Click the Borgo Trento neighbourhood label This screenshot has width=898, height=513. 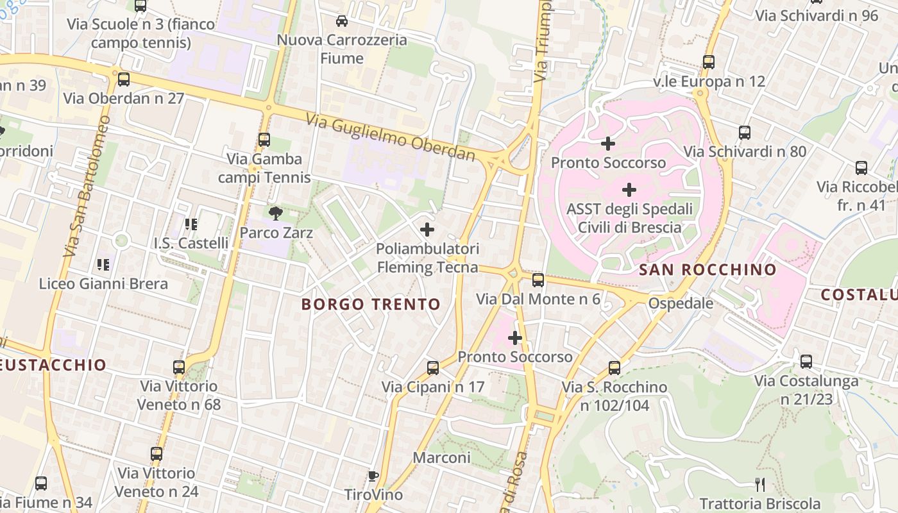(371, 304)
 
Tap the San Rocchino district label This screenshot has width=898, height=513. (707, 269)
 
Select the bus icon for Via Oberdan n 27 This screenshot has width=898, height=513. (124, 80)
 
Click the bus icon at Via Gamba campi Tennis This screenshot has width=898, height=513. (264, 140)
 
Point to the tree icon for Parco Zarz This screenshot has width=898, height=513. (276, 213)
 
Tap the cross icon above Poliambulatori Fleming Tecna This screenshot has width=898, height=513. (427, 229)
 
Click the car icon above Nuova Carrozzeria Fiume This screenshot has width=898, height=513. (342, 21)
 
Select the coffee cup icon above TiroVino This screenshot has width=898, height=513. (373, 476)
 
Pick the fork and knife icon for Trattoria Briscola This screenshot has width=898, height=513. (760, 484)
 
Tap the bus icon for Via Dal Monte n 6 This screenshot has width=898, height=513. (538, 280)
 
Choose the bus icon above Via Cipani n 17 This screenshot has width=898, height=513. (433, 368)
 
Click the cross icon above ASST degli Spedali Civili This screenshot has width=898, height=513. (629, 190)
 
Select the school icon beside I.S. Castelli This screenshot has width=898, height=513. (191, 224)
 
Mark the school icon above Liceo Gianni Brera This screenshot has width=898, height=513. (103, 264)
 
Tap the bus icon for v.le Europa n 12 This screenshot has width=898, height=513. (709, 62)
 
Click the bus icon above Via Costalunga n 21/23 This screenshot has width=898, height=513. (806, 362)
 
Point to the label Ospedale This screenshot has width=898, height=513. (681, 303)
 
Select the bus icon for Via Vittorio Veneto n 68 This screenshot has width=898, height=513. (179, 367)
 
